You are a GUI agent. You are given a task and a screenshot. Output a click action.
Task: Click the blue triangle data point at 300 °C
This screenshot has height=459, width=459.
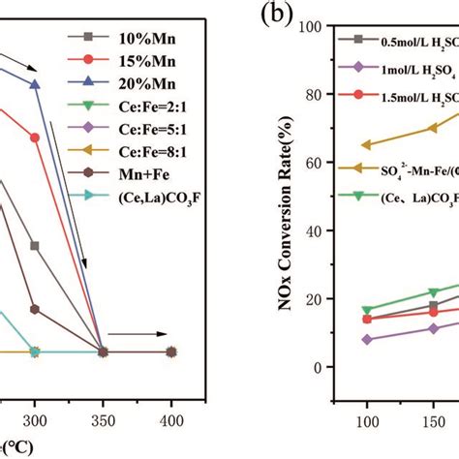tap(35, 84)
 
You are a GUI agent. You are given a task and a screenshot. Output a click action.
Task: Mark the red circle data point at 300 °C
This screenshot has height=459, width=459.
tap(35, 137)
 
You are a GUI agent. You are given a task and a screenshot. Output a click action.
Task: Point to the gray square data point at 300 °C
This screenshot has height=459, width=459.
tap(35, 246)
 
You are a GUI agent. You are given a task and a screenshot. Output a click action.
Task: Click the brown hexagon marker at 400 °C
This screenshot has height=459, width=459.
tap(171, 352)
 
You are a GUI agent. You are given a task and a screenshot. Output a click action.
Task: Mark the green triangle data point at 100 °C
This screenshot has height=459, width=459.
tap(366, 310)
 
